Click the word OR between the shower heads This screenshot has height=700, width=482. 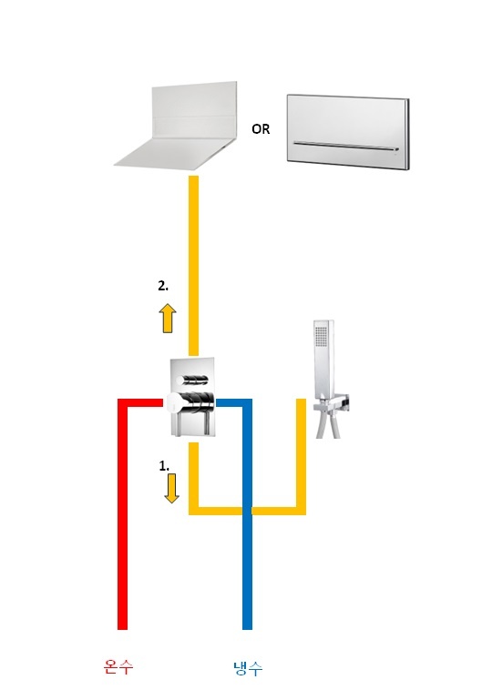coord(261,129)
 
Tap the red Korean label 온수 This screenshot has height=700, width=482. coord(118,667)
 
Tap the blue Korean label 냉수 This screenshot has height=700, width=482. coord(248,668)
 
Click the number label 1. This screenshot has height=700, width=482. coord(164,466)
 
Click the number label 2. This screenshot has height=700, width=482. coord(163,286)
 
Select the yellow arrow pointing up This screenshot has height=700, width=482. coord(168,318)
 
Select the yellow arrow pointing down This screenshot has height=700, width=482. coord(171,489)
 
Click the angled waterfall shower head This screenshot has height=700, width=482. coord(179,127)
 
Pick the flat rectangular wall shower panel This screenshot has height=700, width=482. coord(347,132)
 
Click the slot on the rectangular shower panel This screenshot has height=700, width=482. coord(345,146)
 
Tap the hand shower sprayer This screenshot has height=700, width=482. coord(323,360)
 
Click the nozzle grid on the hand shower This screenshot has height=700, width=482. coord(322,336)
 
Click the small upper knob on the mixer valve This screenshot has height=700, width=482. coord(192,380)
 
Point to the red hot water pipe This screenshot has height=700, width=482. coord(123,513)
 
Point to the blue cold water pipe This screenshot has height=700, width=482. coord(247,513)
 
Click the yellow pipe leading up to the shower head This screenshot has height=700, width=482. coord(193,266)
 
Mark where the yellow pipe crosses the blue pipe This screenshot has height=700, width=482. coord(247,511)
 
